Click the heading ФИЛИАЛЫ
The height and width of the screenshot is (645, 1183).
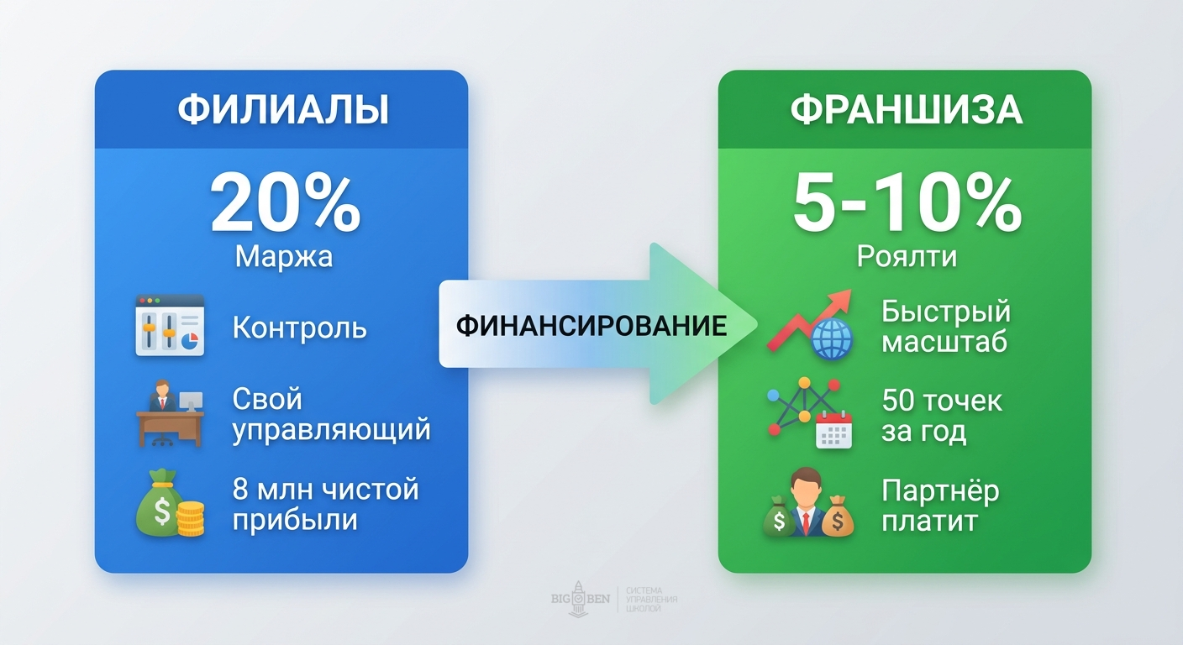coord(282,110)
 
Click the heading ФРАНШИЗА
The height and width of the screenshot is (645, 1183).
coord(906,110)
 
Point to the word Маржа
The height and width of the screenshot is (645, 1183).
coord(284,256)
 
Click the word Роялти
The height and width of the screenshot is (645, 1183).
coord(907,256)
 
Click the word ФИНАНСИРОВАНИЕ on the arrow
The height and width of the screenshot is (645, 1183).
coord(591,326)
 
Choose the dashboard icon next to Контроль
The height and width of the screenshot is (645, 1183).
coord(170,326)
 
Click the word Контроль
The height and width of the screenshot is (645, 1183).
coord(299,328)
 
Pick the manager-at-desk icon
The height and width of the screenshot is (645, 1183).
coord(170,415)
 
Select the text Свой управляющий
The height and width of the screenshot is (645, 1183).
coord(331,414)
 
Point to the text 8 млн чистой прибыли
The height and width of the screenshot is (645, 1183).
coord(324,504)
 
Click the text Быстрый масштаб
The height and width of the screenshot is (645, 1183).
coord(945,326)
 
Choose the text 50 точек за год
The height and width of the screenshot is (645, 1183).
coord(942,416)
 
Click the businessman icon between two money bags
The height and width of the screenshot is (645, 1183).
coord(808,504)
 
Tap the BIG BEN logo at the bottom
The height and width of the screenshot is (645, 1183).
coord(581,599)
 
